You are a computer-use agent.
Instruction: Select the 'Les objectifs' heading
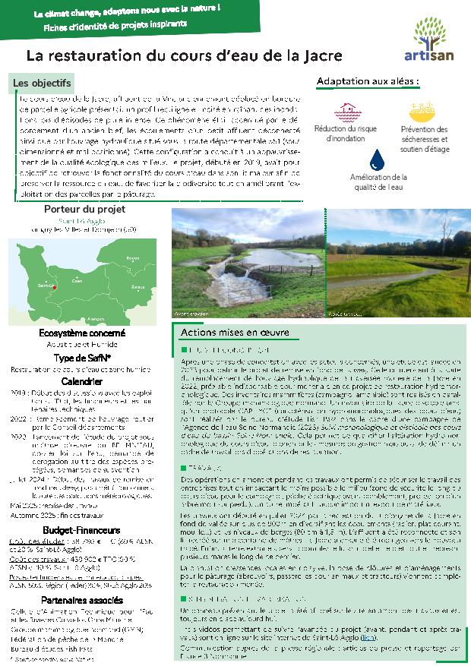click(x=43, y=82)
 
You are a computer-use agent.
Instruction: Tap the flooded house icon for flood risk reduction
click(x=349, y=110)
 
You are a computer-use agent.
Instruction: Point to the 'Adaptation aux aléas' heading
click(x=368, y=80)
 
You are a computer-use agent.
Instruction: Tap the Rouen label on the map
click(x=134, y=259)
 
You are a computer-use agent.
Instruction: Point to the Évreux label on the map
click(x=138, y=288)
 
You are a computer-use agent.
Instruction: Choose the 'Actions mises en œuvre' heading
click(x=235, y=333)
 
